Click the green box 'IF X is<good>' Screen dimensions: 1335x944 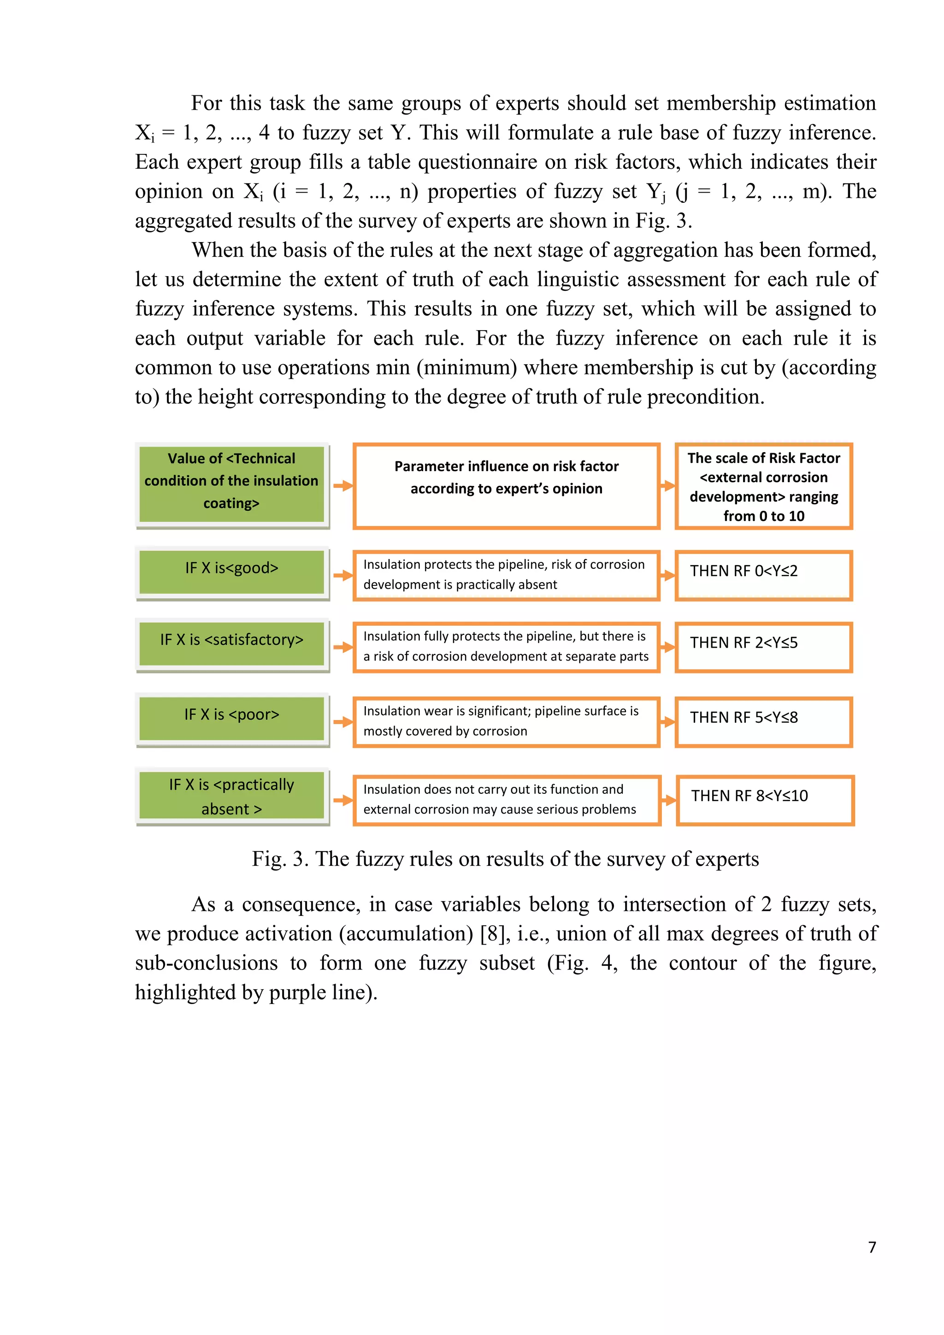(x=231, y=572)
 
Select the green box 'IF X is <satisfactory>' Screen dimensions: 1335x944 (x=231, y=644)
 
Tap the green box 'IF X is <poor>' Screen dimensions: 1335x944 (x=231, y=718)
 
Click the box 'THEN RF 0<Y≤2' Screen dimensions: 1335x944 (x=763, y=575)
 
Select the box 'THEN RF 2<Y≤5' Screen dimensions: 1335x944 (x=763, y=647)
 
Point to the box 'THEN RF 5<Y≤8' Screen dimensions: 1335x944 (x=763, y=721)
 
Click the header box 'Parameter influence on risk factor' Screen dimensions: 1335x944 (x=506, y=485)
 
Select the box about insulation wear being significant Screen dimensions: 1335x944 (x=506, y=721)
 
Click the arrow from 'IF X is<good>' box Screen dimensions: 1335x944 (x=343, y=575)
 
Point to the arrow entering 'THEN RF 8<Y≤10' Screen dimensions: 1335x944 (x=668, y=800)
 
